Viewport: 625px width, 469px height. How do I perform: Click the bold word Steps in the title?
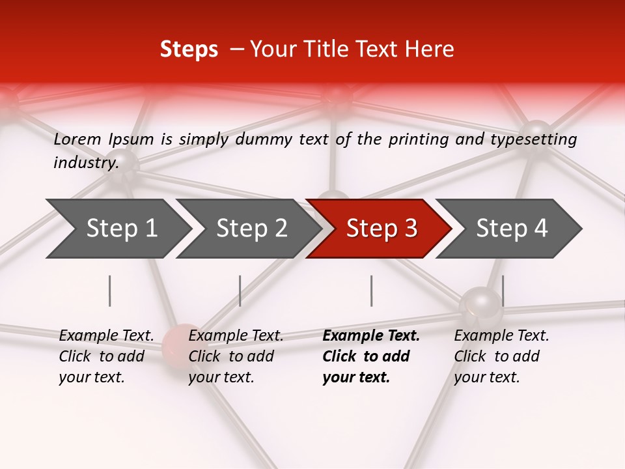pyautogui.click(x=189, y=50)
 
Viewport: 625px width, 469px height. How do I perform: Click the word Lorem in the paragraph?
pyautogui.click(x=77, y=139)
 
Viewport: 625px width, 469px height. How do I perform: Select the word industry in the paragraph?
pyautogui.click(x=85, y=162)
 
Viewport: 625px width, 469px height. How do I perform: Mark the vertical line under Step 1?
pyautogui.click(x=110, y=291)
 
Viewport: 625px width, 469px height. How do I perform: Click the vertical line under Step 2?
pyautogui.click(x=240, y=291)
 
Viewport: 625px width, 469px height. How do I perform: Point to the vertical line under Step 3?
pyautogui.click(x=371, y=291)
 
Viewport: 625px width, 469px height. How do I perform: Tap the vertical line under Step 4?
pyautogui.click(x=503, y=291)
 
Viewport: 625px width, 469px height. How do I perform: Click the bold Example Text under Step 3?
pyautogui.click(x=371, y=335)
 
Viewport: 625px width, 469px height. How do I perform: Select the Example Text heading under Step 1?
pyautogui.click(x=106, y=335)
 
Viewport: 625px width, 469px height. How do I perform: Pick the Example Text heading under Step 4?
pyautogui.click(x=501, y=335)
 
